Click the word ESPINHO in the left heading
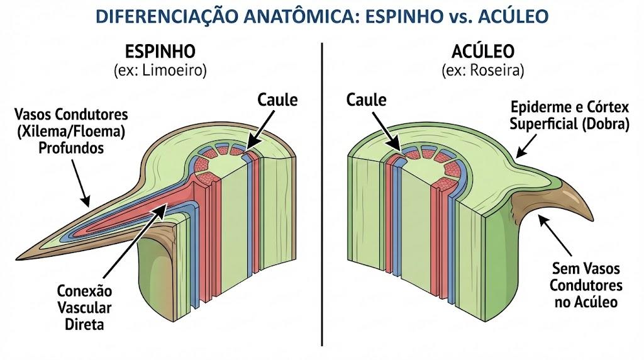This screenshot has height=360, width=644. [x=160, y=52]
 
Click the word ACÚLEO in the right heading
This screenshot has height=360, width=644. [x=483, y=51]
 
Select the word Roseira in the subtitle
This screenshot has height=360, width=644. [x=497, y=70]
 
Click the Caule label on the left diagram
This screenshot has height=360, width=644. [x=277, y=99]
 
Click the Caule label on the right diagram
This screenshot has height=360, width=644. [x=367, y=99]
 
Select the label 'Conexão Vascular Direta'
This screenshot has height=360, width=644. [x=84, y=307]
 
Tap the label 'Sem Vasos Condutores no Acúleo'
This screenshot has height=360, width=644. [x=586, y=285]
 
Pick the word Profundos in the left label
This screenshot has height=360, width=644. [x=71, y=148]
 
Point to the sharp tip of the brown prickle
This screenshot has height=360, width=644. [x=593, y=219]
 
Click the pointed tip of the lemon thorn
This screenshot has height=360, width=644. [x=16, y=259]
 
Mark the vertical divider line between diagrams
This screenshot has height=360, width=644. [x=322, y=194]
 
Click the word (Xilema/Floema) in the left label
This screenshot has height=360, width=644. [x=70, y=132]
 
